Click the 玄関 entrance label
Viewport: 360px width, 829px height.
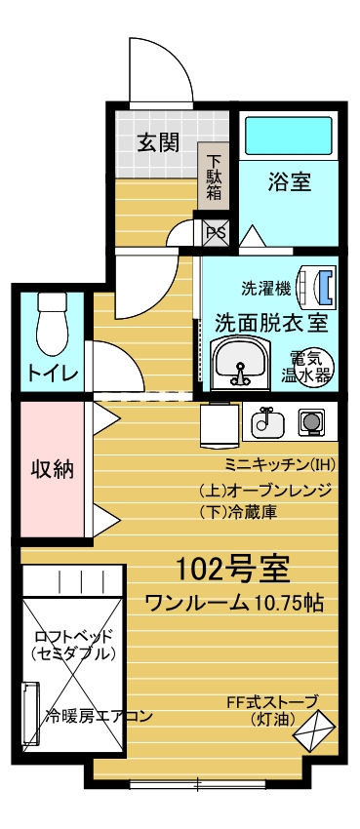(159, 142)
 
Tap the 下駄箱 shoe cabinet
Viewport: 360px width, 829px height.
(214, 176)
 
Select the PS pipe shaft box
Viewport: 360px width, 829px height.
(216, 233)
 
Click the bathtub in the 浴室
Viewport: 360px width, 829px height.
(289, 136)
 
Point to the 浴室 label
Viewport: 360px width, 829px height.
(288, 182)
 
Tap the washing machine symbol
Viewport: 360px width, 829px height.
(317, 288)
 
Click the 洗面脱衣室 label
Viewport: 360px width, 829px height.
(270, 321)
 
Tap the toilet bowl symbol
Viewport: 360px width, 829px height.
(52, 324)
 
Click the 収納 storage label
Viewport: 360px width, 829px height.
(52, 468)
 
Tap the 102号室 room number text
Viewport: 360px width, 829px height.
(231, 570)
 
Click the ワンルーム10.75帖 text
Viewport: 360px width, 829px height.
(233, 603)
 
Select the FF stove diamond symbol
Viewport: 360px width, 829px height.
(314, 730)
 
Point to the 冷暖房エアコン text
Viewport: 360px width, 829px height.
(99, 717)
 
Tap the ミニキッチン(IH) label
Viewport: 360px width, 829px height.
(280, 465)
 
